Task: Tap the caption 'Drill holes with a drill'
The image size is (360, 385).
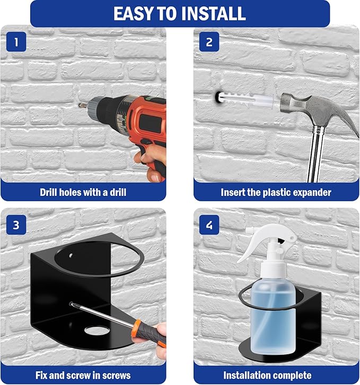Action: pyautogui.click(x=83, y=192)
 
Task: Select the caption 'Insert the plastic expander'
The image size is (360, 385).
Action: pyautogui.click(x=276, y=192)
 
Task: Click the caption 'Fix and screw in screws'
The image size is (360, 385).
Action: pyautogui.click(x=83, y=374)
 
